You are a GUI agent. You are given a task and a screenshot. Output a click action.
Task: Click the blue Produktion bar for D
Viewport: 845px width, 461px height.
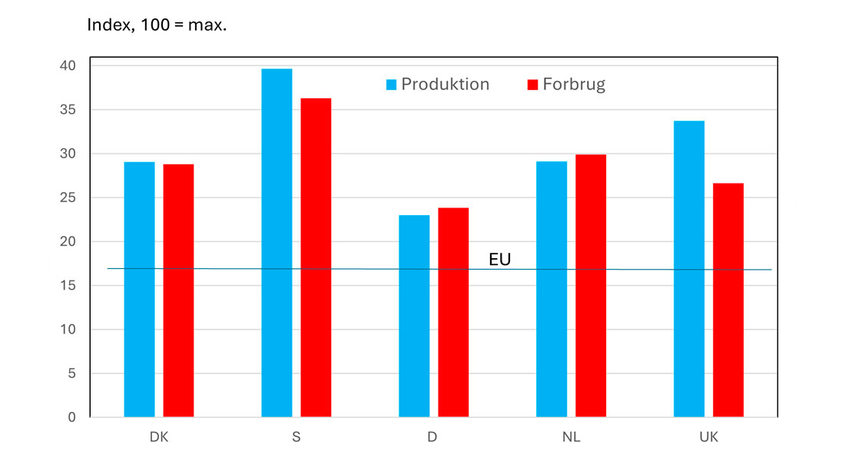click(x=414, y=316)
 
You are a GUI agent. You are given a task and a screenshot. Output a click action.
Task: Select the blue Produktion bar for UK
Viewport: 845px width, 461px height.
click(x=689, y=269)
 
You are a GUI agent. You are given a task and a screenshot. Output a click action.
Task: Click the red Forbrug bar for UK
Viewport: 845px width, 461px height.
click(x=728, y=300)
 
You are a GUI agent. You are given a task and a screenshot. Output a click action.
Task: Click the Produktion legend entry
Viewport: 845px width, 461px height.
click(x=437, y=85)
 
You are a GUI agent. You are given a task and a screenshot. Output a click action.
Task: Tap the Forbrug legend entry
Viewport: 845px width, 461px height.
click(x=566, y=85)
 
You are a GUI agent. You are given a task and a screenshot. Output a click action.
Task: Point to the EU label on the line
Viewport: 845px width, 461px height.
click(x=500, y=260)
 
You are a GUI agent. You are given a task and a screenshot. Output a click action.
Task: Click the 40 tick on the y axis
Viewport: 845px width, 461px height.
click(x=69, y=66)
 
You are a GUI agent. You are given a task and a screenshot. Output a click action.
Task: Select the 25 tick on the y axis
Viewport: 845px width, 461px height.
click(x=69, y=198)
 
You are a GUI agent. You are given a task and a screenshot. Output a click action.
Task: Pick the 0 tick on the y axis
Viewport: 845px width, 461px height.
click(x=73, y=417)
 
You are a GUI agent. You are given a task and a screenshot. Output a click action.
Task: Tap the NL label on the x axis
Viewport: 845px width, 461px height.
click(x=571, y=437)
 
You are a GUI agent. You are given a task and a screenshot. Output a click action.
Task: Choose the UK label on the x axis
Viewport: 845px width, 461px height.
click(x=708, y=437)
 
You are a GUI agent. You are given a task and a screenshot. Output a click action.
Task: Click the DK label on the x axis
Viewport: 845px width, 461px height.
click(x=159, y=437)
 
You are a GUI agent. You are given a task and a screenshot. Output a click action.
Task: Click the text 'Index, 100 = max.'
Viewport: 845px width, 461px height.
click(x=158, y=25)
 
